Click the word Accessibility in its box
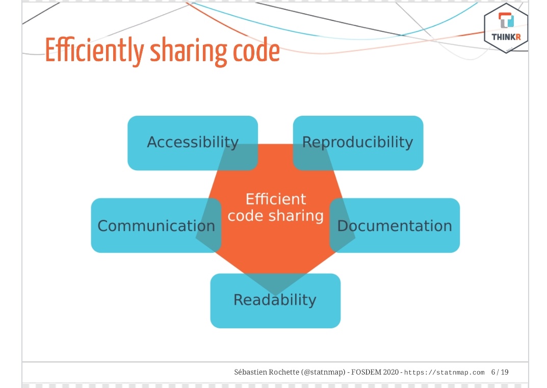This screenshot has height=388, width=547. pyautogui.click(x=193, y=142)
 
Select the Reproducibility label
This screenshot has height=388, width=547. pyautogui.click(x=357, y=142)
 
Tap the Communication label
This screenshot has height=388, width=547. pyautogui.click(x=156, y=226)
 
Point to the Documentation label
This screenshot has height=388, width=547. pyautogui.click(x=395, y=226)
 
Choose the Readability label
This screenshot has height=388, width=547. pyautogui.click(x=275, y=300)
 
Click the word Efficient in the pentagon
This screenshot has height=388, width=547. pyautogui.click(x=276, y=199)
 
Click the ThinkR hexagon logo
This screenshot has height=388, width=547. pyautogui.click(x=506, y=28)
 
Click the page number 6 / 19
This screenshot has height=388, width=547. pyautogui.click(x=500, y=372)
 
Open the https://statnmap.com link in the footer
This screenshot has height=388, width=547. pyautogui.click(x=444, y=373)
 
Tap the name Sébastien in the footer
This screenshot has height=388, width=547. pyautogui.click(x=248, y=372)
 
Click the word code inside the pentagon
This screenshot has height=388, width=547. pyautogui.click(x=245, y=216)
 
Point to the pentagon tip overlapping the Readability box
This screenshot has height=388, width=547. pyautogui.click(x=275, y=286)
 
